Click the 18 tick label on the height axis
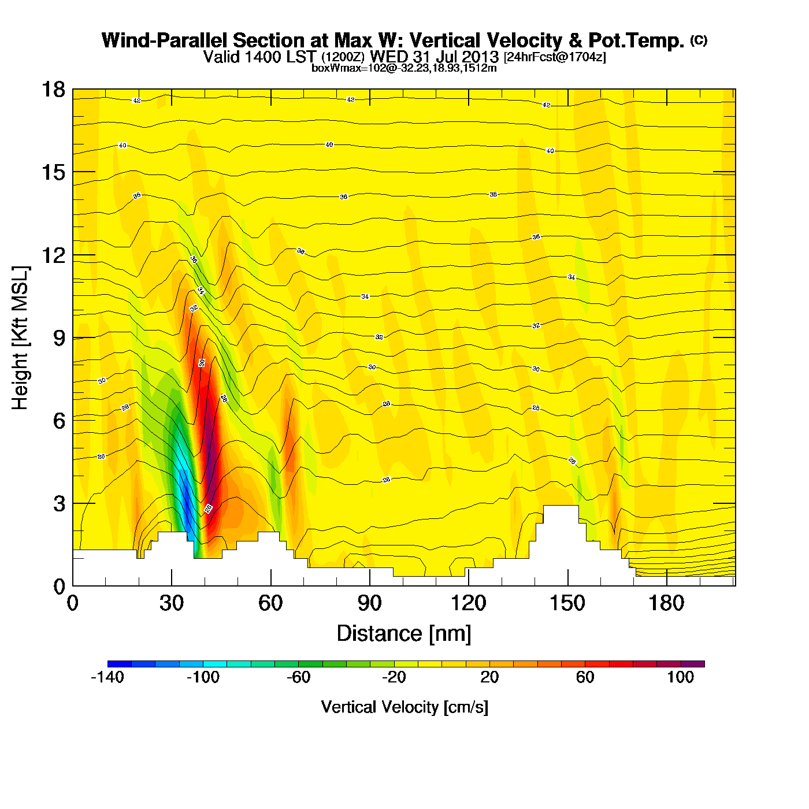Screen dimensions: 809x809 [x=52, y=90]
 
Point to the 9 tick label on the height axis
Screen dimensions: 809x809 [x=59, y=338]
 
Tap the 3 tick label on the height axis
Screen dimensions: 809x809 [x=59, y=504]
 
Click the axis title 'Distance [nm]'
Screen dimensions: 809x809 [x=404, y=633]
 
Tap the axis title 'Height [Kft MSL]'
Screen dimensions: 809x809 [x=20, y=338]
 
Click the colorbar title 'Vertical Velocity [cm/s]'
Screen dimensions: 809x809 [x=404, y=707]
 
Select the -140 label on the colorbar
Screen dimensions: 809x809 [x=107, y=677]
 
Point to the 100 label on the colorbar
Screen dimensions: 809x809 [x=680, y=677]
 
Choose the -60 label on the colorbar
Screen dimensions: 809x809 [x=299, y=677]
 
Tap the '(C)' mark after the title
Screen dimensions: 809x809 [x=699, y=40]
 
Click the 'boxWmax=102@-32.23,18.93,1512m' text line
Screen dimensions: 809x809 [x=404, y=68]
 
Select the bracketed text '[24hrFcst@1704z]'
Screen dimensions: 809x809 [x=555, y=57]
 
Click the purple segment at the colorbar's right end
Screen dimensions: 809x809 [x=692, y=664]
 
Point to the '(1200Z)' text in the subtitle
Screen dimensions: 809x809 [x=343, y=57]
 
